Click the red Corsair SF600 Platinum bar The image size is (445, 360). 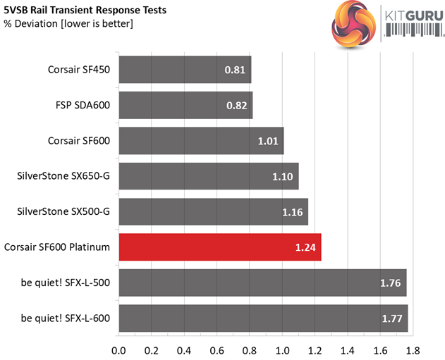(219, 247)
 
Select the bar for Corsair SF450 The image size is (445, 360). (185, 70)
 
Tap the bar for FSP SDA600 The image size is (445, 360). (185, 105)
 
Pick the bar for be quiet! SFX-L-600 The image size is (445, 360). (263, 318)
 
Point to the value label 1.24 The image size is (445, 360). (306, 247)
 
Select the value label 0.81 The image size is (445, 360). (235, 70)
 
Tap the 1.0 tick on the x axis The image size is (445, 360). (283, 349)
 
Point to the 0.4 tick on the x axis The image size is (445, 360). (184, 349)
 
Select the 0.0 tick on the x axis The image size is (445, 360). (118, 349)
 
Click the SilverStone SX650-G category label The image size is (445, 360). (63, 176)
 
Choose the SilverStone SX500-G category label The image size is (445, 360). (63, 212)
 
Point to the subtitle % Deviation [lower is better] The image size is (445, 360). (68, 24)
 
